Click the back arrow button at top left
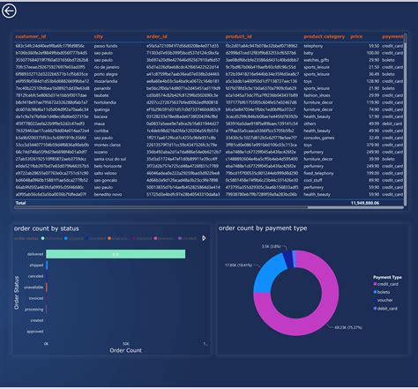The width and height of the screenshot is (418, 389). tap(10, 11)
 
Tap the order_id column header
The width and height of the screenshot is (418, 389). tap(157, 37)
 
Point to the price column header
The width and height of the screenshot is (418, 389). tap(356, 37)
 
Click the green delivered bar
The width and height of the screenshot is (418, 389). tap(115, 254)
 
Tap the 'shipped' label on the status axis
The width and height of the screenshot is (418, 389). tap(35, 265)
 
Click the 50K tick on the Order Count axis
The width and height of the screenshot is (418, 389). tap(126, 342)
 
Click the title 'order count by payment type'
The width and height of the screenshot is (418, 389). tap(263, 228)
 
